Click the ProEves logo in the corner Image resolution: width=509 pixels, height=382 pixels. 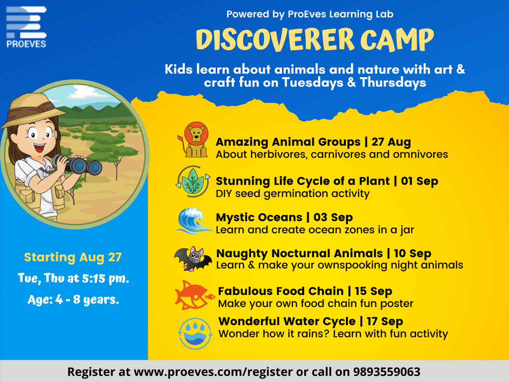pos(26,27)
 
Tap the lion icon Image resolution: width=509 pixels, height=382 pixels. pos(193,140)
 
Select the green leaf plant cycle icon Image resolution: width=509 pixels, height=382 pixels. pos(193,182)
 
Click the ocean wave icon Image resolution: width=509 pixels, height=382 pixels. pos(193,221)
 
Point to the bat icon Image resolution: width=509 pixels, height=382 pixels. pos(193,258)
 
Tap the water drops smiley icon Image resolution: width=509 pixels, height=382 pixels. pos(195,334)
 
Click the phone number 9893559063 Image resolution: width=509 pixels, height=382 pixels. pos(387,372)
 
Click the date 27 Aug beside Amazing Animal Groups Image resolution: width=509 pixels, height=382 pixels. pos(391,142)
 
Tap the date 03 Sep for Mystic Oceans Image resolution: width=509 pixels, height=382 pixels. pos(333,217)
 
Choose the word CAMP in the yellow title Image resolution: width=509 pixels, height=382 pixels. pos(397,40)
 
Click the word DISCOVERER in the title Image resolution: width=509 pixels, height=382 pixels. pos(275,40)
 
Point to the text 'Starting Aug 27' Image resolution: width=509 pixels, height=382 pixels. pos(73,257)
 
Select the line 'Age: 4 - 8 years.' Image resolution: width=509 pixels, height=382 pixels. pos(74,299)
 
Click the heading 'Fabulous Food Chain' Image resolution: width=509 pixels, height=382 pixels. pos(281,291)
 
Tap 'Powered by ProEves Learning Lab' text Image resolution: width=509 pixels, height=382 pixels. pos(310,14)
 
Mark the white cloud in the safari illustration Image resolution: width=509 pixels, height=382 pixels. pos(87,92)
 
